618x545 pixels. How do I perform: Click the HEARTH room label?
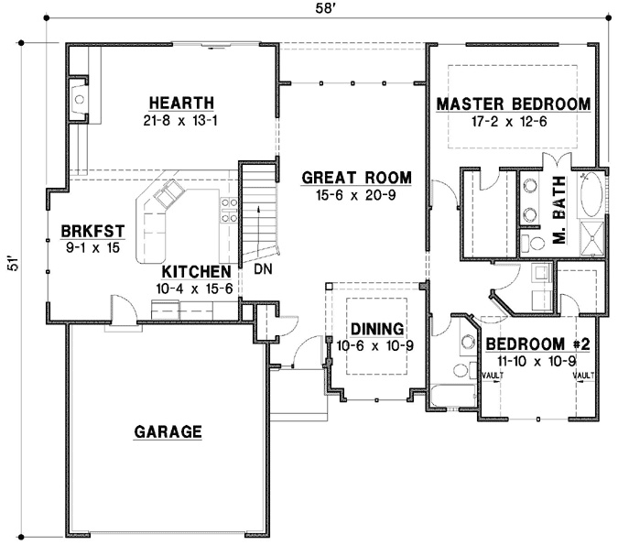(x=180, y=103)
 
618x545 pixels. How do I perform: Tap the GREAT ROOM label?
(x=356, y=178)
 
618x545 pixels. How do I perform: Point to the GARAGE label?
(x=168, y=431)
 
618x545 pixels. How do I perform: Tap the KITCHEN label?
(x=196, y=272)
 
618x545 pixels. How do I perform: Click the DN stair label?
(x=263, y=269)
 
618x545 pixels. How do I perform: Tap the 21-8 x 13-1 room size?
(x=180, y=120)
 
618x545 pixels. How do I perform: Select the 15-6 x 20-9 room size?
(x=356, y=194)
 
